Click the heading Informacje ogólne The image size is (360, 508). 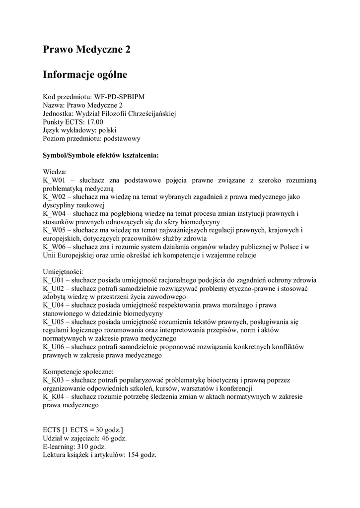pyautogui.click(x=85, y=74)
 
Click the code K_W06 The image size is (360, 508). pyautogui.click(x=55, y=247)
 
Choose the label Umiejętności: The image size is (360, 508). pyautogui.click(x=63, y=271)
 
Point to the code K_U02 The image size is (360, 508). pyautogui.click(x=54, y=288)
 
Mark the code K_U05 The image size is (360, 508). pyautogui.click(x=54, y=322)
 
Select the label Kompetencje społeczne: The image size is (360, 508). pyautogui.click(x=78, y=372)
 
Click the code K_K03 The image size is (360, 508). pyautogui.click(x=54, y=380)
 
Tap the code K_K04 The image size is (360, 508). pyautogui.click(x=54, y=397)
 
